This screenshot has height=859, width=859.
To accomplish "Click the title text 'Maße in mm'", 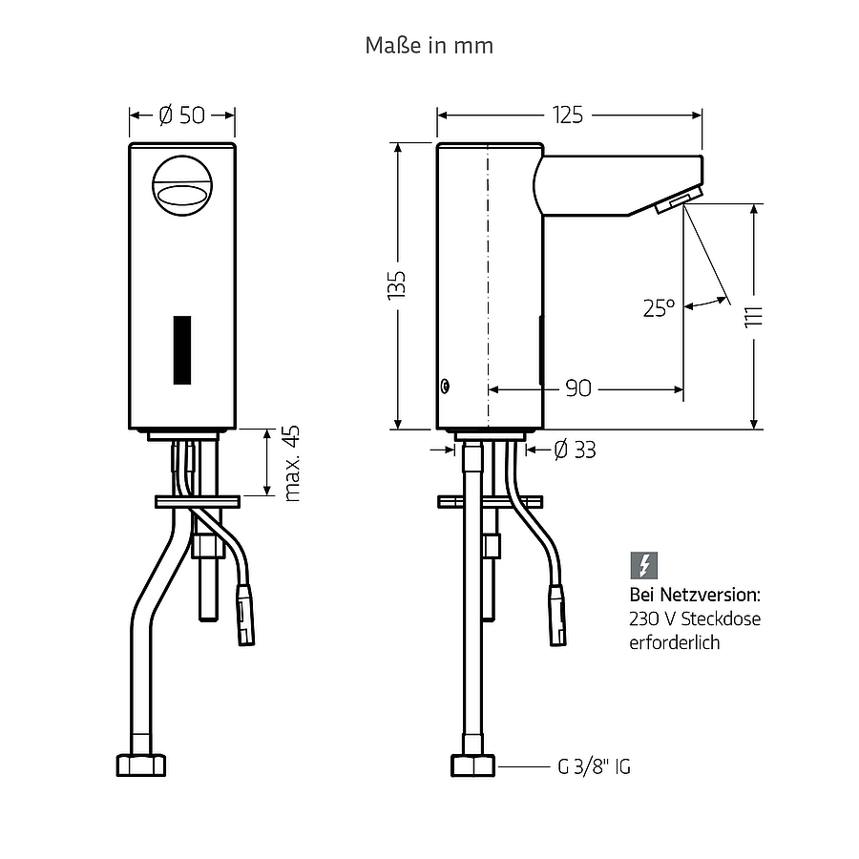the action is point(429,46).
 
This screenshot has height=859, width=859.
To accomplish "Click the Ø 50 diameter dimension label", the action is point(182,115).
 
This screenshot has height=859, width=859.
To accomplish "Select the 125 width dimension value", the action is point(568,115).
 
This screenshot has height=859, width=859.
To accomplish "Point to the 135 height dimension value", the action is point(396,284).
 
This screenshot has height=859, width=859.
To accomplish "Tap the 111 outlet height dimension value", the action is point(754,317).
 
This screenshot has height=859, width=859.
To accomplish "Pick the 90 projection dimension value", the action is point(578,388).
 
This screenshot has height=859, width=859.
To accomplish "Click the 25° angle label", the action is point(659,308).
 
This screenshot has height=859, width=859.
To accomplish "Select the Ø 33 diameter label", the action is point(576,450).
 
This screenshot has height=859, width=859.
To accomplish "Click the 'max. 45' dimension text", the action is point(292,463).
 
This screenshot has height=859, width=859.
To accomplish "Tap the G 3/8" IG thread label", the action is point(594,766).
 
